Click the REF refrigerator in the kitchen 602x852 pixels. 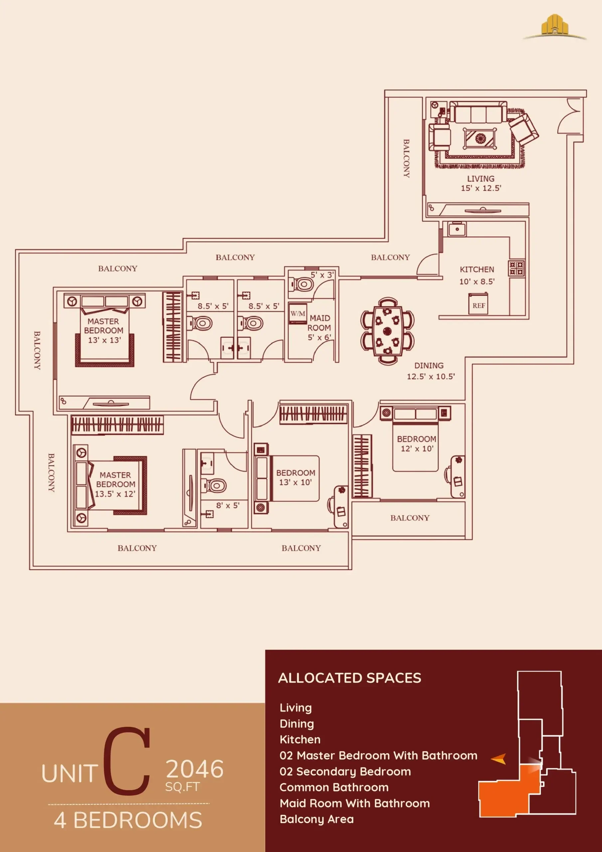pos(478,304)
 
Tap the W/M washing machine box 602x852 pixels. pos(298,314)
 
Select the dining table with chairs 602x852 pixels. pos(387,331)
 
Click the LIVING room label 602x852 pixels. pos(481,178)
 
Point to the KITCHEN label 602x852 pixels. pos(477,269)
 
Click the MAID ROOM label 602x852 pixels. pos(319,323)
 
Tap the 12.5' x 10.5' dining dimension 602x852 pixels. pos(431,376)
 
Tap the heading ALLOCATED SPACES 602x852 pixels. pos(350,678)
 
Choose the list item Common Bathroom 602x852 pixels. pos(334,787)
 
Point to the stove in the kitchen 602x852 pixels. pos(516,268)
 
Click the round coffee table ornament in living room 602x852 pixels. pos(480,138)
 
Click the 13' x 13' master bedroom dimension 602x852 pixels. pos(104,340)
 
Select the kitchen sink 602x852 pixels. pos(457,229)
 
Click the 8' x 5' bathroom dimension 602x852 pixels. pos(228,506)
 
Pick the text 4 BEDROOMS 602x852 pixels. pos(128,820)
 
